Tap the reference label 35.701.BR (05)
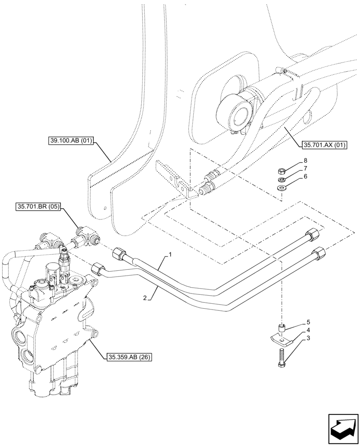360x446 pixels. (39, 206)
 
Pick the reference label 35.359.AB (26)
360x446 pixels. (130, 357)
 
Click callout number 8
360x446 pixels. (305, 160)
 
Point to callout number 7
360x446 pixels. (305, 169)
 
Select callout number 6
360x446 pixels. (305, 177)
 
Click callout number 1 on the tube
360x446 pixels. (170, 256)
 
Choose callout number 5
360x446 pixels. (307, 322)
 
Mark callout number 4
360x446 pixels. (307, 330)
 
